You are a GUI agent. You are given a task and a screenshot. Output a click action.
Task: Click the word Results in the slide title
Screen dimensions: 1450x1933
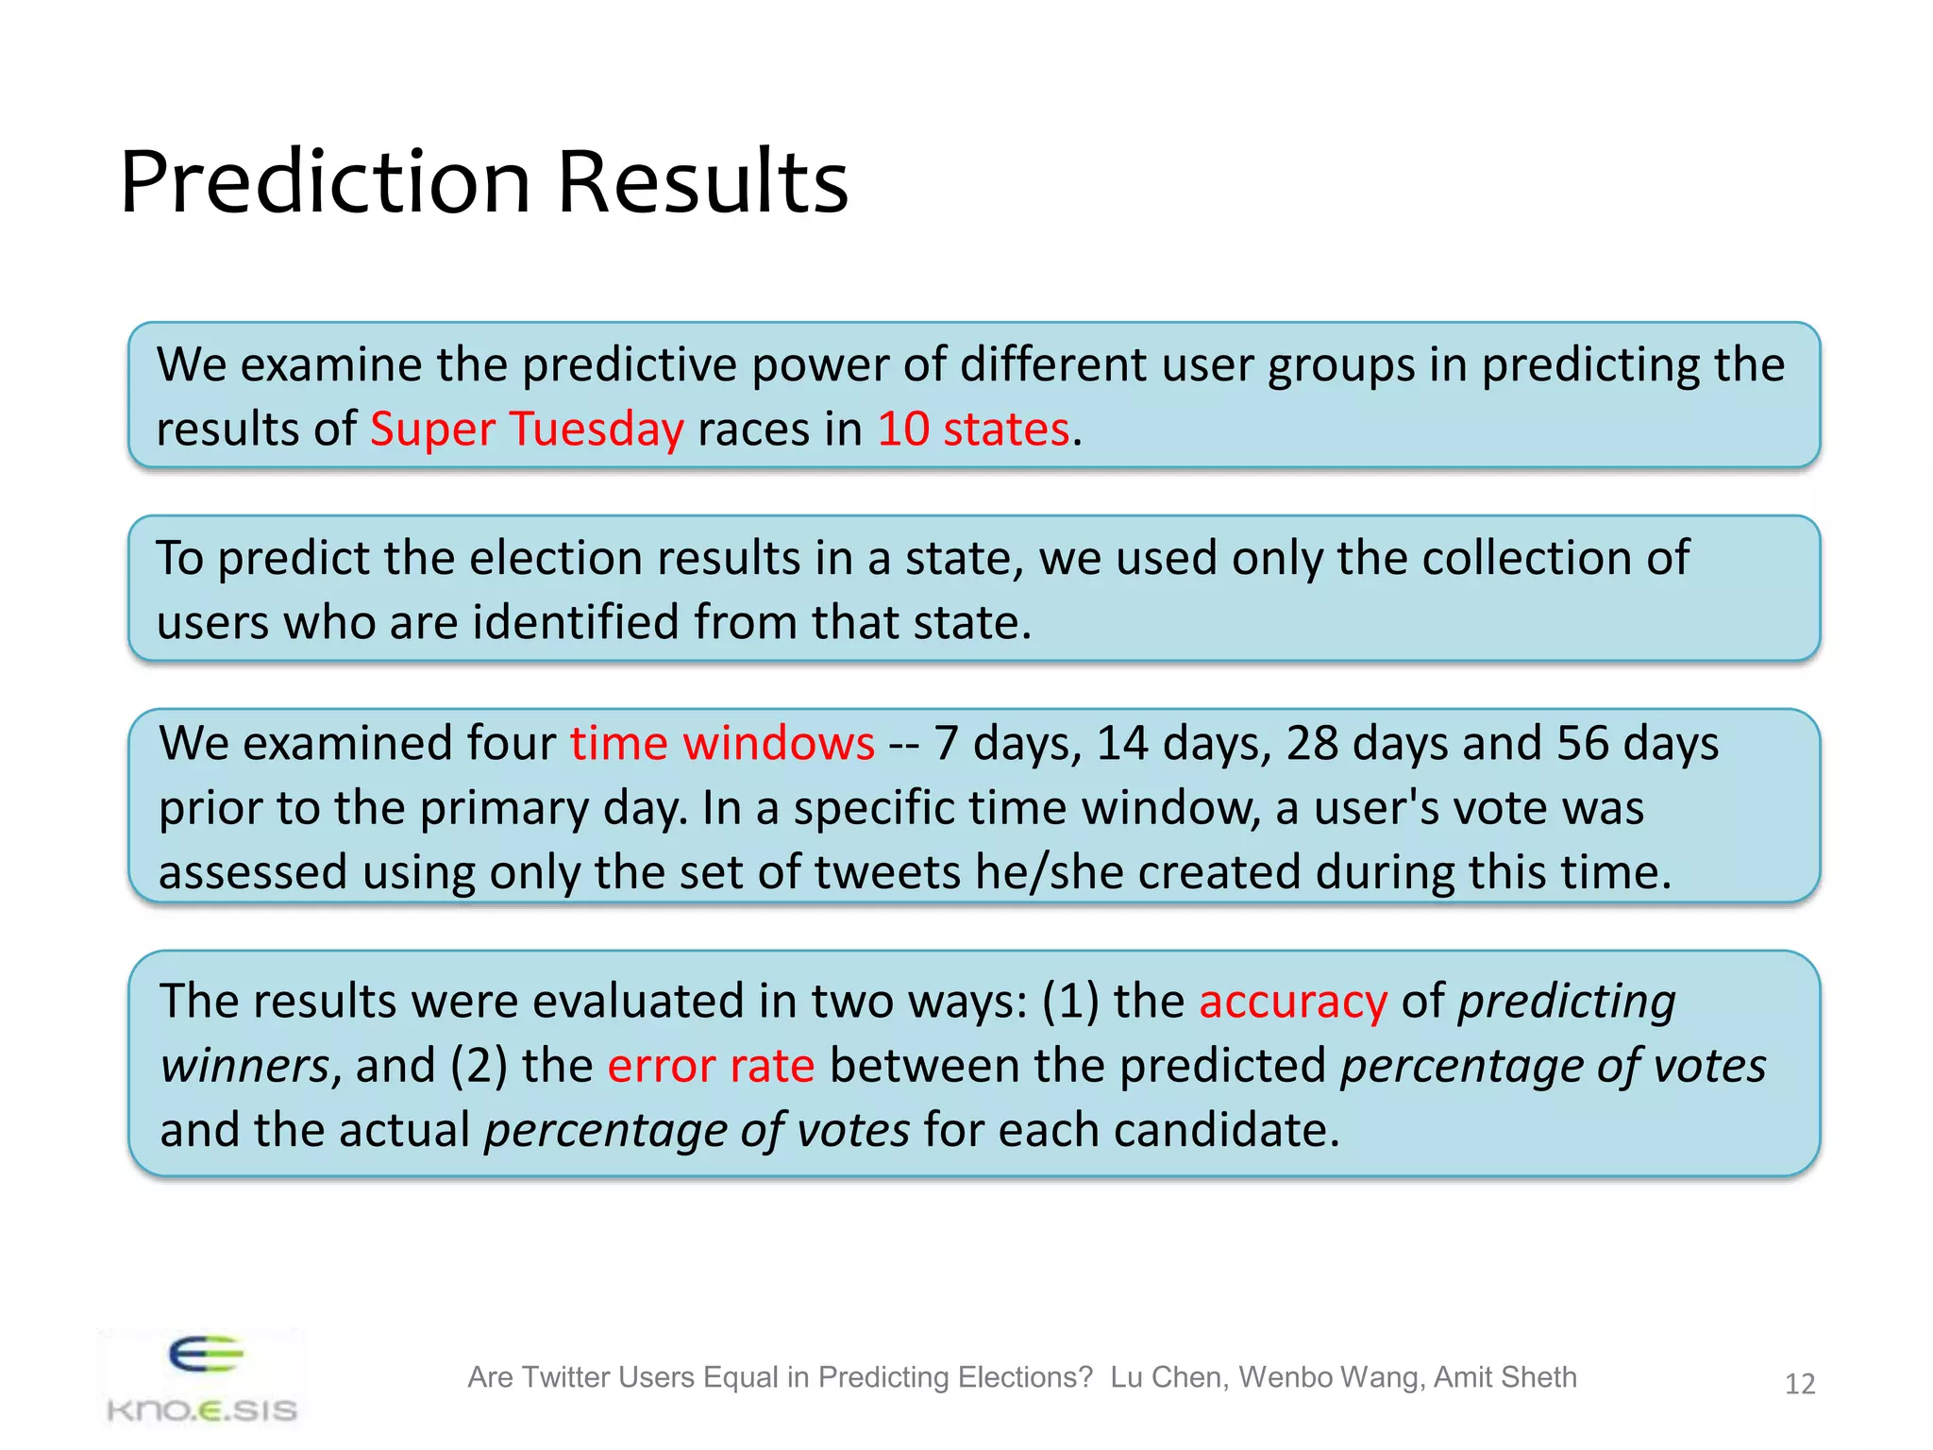(x=702, y=181)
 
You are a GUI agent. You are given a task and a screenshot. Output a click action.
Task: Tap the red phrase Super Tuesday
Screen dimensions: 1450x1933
(x=527, y=430)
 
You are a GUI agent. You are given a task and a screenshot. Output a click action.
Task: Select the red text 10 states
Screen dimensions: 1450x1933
(x=973, y=430)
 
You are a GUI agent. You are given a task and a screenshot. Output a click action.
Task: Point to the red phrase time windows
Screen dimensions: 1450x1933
(x=722, y=744)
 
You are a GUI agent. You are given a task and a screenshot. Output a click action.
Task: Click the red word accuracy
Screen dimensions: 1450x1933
(x=1292, y=1002)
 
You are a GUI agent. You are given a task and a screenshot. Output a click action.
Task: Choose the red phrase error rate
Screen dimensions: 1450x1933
(x=711, y=1066)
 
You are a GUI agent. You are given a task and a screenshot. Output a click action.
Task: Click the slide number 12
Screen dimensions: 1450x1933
(x=1799, y=1384)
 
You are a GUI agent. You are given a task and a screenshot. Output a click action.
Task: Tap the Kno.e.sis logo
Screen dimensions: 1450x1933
(x=202, y=1380)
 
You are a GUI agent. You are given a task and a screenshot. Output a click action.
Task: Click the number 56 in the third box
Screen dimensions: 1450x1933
(x=1582, y=744)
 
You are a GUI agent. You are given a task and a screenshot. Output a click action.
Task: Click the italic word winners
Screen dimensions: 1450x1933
(x=244, y=1066)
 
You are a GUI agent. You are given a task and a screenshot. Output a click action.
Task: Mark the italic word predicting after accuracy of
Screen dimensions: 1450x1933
(x=1566, y=1002)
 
